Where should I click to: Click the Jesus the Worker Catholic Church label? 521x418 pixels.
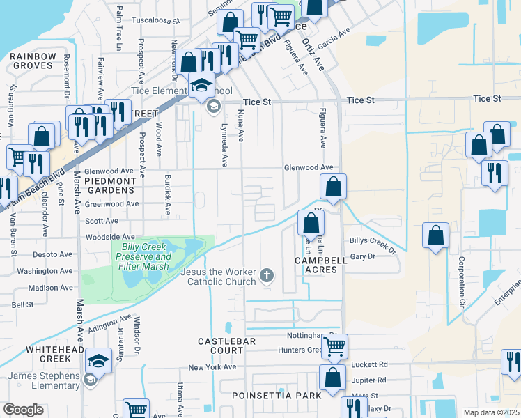click(219, 277)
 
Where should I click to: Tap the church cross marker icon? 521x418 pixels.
click(265, 277)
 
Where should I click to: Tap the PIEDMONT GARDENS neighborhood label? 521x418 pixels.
click(109, 185)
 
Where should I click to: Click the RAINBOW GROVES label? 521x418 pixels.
click(33, 61)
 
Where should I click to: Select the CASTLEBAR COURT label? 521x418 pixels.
click(227, 346)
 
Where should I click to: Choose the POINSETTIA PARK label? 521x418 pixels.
click(288, 396)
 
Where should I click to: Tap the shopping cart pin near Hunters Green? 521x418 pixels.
click(335, 346)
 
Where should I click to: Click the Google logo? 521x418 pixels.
click(23, 410)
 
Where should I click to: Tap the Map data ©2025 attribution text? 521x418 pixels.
click(490, 412)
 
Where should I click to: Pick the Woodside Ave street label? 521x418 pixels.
click(110, 238)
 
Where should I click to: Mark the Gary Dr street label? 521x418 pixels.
click(363, 256)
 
